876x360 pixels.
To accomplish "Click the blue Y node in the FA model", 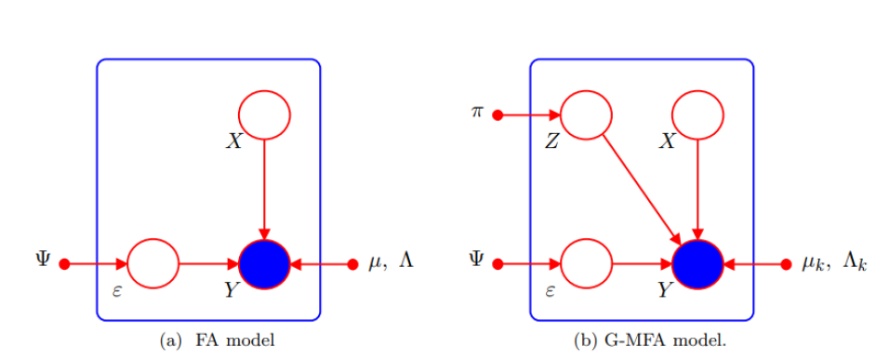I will click(x=265, y=264).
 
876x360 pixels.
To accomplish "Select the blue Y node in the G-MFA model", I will click(x=697, y=264).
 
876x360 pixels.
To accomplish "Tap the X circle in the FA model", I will click(x=265, y=115).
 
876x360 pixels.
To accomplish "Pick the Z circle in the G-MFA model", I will click(x=587, y=115).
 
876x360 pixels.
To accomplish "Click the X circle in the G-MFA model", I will click(x=697, y=115).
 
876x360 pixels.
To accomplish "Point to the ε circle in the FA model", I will click(x=153, y=264).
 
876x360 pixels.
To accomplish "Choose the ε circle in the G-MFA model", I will click(x=587, y=264).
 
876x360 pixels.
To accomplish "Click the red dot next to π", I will click(x=498, y=115).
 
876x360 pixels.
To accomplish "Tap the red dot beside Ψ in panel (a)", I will click(x=64, y=264).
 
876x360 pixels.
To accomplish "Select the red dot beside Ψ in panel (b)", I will click(x=498, y=264).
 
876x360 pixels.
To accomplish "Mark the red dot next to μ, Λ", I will click(x=352, y=264).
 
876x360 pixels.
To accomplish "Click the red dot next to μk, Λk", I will click(x=786, y=264).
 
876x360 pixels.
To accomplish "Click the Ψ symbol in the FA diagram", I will click(x=43, y=260).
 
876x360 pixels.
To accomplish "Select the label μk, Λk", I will click(x=834, y=263).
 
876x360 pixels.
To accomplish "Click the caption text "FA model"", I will click(x=235, y=340).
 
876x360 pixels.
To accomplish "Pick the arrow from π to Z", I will click(x=530, y=115).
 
